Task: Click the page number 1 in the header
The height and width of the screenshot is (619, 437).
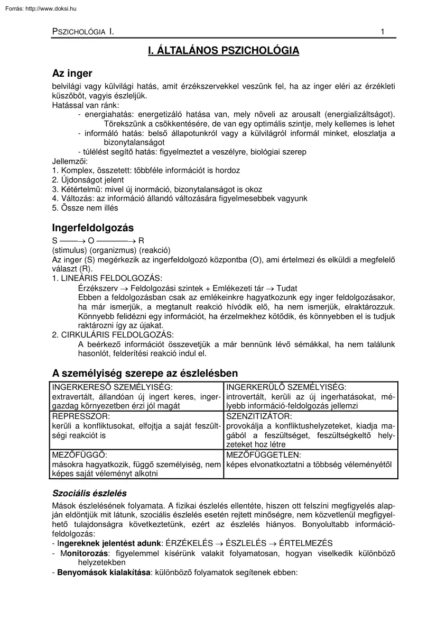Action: click(383, 32)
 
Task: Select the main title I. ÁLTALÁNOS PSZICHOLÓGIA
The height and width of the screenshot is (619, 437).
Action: click(223, 51)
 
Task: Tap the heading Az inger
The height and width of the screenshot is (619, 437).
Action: click(72, 74)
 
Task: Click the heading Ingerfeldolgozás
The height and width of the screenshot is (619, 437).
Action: click(93, 228)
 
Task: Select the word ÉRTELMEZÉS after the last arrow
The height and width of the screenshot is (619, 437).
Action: click(304, 543)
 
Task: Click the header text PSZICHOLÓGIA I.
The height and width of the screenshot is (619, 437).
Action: click(83, 32)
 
